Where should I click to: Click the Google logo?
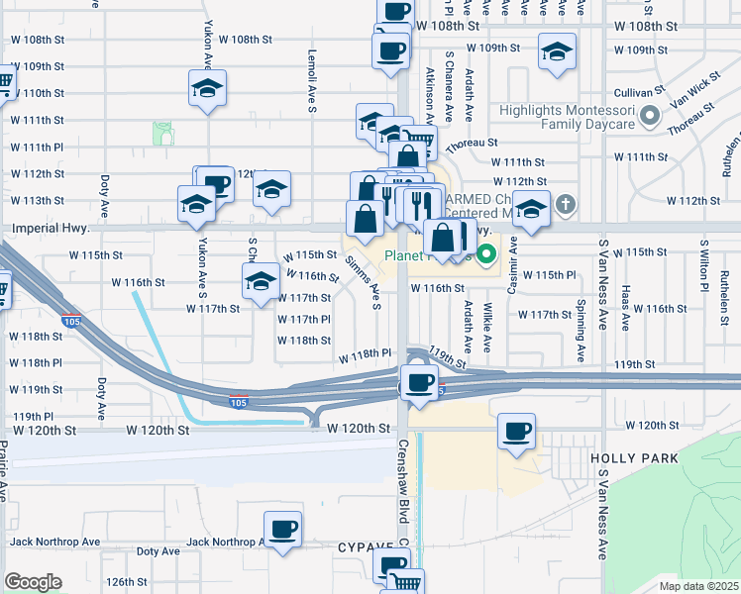33,582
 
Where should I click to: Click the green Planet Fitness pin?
485,255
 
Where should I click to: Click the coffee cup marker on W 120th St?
516,432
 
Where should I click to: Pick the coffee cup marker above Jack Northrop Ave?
283,529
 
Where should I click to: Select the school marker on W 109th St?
558,51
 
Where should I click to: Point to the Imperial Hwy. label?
50,229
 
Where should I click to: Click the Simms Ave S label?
365,281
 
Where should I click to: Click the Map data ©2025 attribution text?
698,586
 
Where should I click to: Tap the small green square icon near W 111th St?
162,133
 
